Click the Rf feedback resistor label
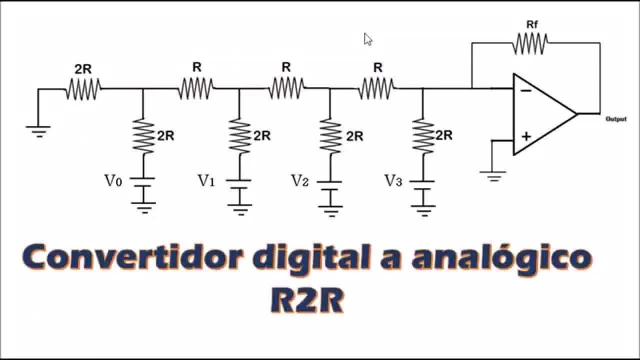point(532,24)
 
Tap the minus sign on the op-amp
point(525,91)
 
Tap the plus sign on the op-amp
point(526,136)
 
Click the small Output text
point(615,119)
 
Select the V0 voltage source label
point(112,180)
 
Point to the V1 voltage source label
point(206,180)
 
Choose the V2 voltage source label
point(299,180)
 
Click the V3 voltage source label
point(393,180)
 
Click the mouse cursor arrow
point(368,39)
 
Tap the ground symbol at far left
point(38,131)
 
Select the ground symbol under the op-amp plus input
point(492,175)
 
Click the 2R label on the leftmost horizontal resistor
point(83,69)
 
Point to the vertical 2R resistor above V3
point(423,135)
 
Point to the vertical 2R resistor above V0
point(143,135)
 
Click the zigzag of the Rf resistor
point(529,43)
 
